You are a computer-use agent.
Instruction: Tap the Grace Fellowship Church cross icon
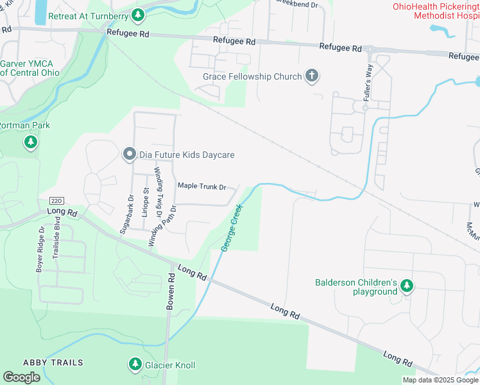click(x=312, y=76)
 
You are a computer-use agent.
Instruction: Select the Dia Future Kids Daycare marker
click(x=129, y=154)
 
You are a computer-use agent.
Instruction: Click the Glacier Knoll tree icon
click(x=135, y=364)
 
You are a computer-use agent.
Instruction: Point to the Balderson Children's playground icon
click(x=407, y=286)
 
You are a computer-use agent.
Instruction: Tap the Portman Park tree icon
click(x=30, y=142)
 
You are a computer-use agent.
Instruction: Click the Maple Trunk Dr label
click(x=201, y=187)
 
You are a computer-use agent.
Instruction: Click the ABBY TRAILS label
click(x=53, y=363)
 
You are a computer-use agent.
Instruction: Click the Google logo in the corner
click(x=21, y=377)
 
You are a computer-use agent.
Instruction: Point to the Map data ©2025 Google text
click(x=440, y=380)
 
